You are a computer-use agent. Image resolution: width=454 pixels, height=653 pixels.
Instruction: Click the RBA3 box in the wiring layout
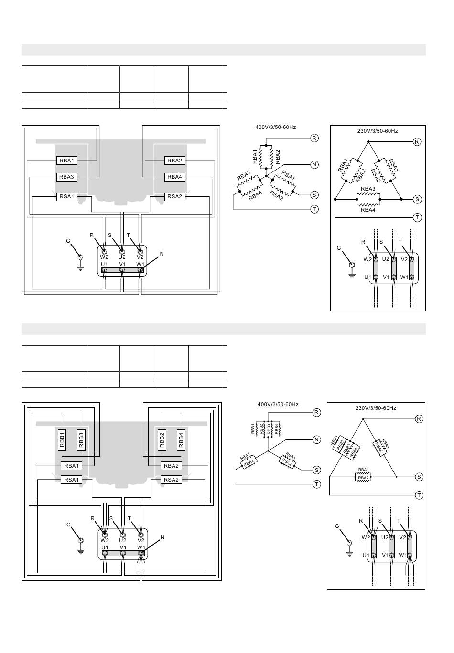click(x=66, y=177)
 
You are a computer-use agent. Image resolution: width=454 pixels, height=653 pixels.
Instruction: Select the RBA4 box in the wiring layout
click(x=174, y=177)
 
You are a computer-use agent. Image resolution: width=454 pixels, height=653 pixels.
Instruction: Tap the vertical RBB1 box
click(x=62, y=440)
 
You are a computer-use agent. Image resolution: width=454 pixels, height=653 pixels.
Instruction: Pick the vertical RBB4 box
click(x=181, y=440)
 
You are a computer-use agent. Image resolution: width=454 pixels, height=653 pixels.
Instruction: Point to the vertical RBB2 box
click(x=162, y=440)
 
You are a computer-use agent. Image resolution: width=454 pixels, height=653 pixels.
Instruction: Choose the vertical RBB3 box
click(x=81, y=440)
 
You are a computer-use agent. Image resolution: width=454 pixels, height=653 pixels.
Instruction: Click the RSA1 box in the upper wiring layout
click(x=66, y=196)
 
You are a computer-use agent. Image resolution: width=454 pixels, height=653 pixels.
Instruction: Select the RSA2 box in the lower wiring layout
click(x=171, y=480)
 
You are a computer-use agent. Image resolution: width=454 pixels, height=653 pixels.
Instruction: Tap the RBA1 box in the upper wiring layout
click(x=66, y=161)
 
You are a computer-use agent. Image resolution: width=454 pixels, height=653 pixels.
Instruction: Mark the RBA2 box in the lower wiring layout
click(x=171, y=466)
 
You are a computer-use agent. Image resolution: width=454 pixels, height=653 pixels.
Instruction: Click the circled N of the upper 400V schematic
click(x=314, y=164)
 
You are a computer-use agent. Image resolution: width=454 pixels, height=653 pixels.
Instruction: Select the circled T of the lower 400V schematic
click(x=316, y=484)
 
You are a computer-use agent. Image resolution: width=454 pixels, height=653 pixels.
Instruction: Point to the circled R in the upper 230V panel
click(x=417, y=142)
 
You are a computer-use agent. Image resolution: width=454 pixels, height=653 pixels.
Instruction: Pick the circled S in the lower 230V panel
click(x=419, y=477)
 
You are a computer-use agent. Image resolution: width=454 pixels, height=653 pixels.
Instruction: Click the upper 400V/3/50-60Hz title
click(x=276, y=128)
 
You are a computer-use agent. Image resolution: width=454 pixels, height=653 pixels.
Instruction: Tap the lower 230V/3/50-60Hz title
click(x=376, y=408)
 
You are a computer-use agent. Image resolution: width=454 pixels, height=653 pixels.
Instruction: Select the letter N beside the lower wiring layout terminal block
click(x=162, y=537)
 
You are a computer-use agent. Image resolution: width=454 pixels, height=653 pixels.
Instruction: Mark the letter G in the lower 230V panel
click(x=337, y=526)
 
